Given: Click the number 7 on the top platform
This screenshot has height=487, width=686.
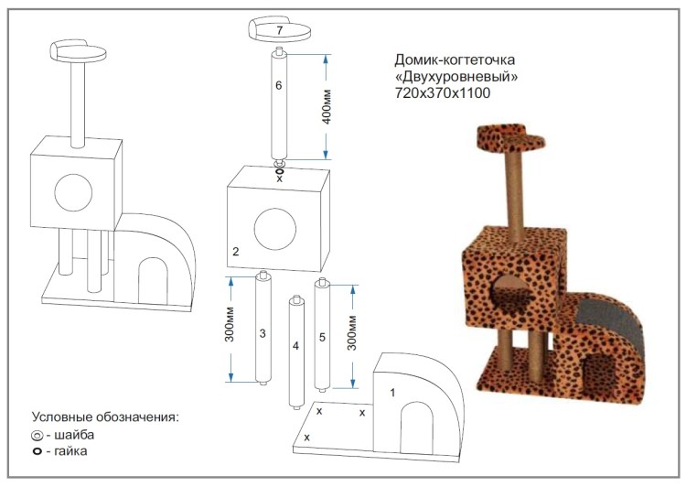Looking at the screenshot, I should [x=280, y=30].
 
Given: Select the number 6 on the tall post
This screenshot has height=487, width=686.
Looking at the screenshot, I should [x=280, y=85].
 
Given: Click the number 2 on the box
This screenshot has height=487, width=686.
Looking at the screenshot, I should [x=236, y=250].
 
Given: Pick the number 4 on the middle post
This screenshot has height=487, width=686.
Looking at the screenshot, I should [x=295, y=346].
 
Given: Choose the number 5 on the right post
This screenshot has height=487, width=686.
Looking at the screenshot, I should [x=322, y=337].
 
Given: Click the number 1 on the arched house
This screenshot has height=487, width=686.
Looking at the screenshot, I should [x=392, y=393].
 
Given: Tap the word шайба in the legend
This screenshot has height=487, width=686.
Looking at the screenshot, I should [x=73, y=435].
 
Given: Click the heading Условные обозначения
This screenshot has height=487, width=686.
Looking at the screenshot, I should [x=104, y=417].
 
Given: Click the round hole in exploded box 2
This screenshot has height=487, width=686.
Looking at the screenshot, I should [x=276, y=229].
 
